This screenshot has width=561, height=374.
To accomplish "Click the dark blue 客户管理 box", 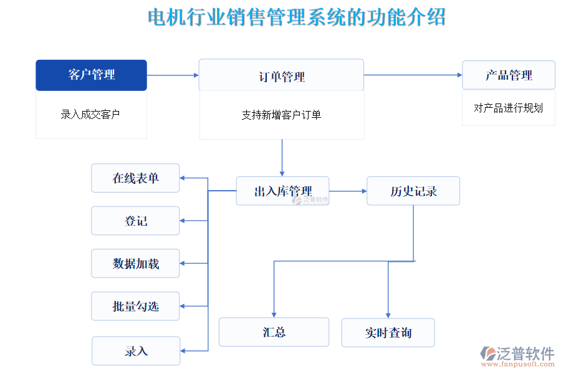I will pyautogui.click(x=91, y=75).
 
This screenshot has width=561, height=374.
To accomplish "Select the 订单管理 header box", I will pyautogui.click(x=281, y=75).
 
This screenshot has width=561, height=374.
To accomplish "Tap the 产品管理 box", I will pyautogui.click(x=508, y=75).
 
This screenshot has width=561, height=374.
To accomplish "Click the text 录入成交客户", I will pyautogui.click(x=90, y=115).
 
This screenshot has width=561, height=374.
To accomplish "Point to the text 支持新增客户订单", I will pyautogui.click(x=281, y=115).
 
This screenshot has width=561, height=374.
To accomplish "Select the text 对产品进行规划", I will pyautogui.click(x=508, y=108).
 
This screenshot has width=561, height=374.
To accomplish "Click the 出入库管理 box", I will pyautogui.click(x=282, y=191).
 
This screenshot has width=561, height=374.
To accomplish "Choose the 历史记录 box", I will pyautogui.click(x=413, y=191).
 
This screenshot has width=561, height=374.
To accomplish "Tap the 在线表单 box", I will pyautogui.click(x=135, y=178).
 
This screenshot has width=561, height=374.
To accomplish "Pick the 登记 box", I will pyautogui.click(x=135, y=221).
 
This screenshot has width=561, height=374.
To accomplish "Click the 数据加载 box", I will pyautogui.click(x=135, y=263).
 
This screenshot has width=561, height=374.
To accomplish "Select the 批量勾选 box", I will pyautogui.click(x=135, y=306).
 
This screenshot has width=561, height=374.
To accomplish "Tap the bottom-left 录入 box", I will pyautogui.click(x=136, y=351).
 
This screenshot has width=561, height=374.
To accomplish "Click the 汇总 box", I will pyautogui.click(x=274, y=332).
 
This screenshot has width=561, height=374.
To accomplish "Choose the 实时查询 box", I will pyautogui.click(x=388, y=333).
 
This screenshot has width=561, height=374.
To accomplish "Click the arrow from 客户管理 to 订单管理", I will pyautogui.click(x=173, y=75).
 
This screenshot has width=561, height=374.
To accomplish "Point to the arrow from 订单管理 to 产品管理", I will pyautogui.click(x=413, y=75).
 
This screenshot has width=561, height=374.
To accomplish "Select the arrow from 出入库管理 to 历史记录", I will pyautogui.click(x=348, y=191).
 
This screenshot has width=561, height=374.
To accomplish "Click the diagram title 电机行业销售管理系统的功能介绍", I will pyautogui.click(x=297, y=17).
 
